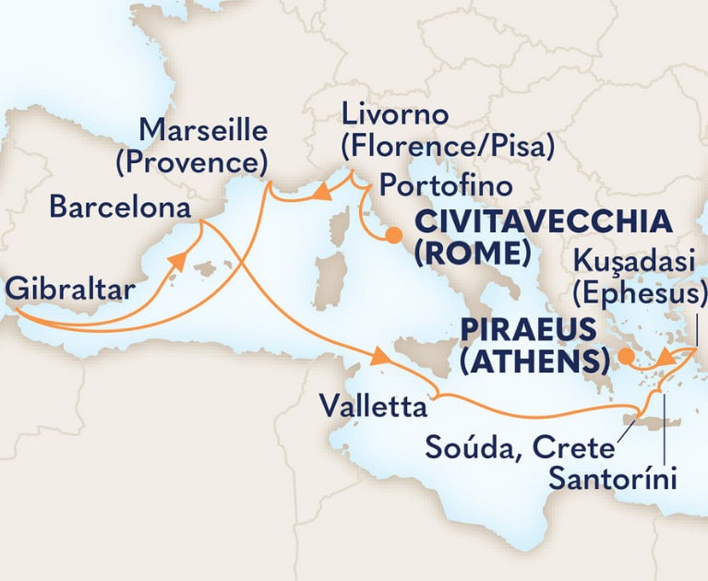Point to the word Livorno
(x=394, y=117)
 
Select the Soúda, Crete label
(x=519, y=449)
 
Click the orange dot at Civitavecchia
(x=395, y=235)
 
